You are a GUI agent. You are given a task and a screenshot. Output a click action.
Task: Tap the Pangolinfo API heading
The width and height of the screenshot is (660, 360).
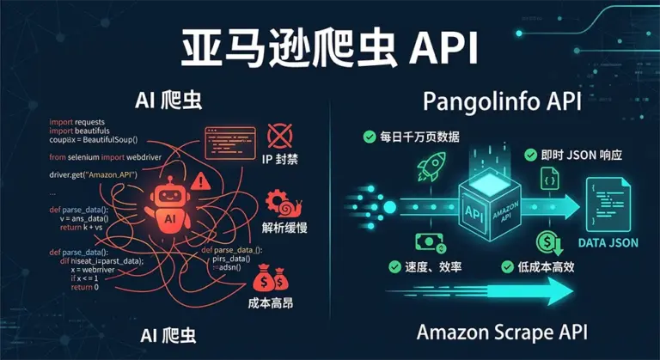pos(503,102)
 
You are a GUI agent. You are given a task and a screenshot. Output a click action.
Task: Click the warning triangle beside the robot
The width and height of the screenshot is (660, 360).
pos(202,180)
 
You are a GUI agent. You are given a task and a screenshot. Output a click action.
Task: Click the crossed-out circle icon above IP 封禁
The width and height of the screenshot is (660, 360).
pos(281,135)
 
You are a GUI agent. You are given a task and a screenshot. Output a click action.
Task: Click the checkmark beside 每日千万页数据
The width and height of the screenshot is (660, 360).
pos(369,136)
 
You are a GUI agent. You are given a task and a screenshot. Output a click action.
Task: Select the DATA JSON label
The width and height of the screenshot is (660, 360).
pos(608,243)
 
